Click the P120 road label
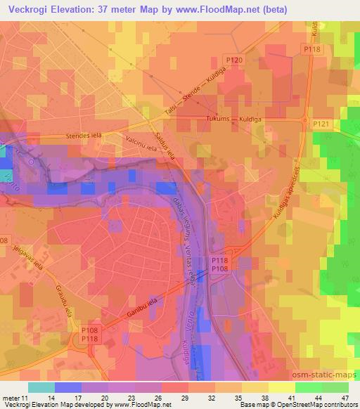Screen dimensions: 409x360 pos(236,61)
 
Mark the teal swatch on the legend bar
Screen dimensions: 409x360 pos(41,387)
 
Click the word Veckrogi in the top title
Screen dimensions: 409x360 pos(37,10)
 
